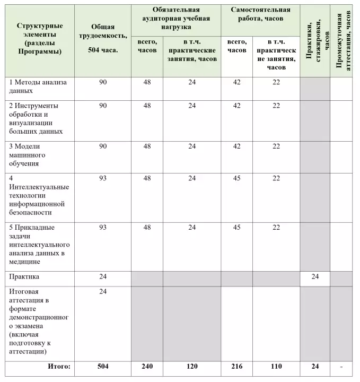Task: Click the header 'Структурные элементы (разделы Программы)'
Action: click(40, 39)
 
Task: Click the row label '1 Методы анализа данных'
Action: click(39, 86)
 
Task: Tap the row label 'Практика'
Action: click(24, 276)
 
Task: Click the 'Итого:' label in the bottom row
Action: click(59, 366)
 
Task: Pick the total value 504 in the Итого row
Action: click(103, 366)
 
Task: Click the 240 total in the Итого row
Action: click(147, 366)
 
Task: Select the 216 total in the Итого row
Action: click(236, 366)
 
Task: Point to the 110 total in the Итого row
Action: click(276, 366)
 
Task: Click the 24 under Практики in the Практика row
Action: click(315, 276)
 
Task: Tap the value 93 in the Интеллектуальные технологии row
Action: click(103, 178)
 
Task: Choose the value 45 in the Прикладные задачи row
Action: click(236, 227)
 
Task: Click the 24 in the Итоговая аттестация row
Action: click(103, 291)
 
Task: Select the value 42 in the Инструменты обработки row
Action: click(236, 105)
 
